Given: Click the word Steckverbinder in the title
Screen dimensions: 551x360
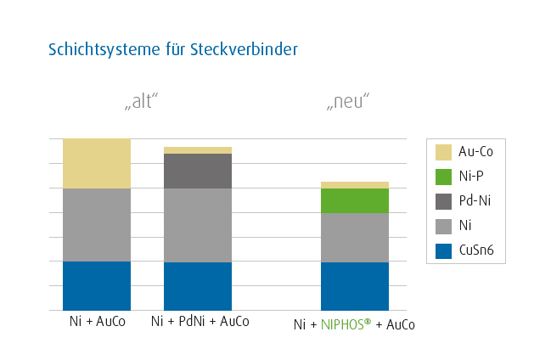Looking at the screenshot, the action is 244,49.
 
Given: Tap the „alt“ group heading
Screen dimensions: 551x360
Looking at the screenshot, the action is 141,101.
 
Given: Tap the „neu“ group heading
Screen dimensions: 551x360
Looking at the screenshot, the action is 348,101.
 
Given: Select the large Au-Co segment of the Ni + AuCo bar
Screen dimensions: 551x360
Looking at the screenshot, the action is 97,164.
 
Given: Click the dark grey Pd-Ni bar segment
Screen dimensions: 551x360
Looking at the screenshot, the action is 198,171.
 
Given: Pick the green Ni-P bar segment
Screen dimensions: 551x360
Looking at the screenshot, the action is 355,200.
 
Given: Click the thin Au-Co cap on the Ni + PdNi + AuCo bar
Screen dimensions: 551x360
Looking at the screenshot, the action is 198,150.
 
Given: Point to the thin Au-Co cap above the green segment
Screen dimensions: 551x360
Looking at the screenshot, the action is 355,185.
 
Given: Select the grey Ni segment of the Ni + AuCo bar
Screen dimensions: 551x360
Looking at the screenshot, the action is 97,225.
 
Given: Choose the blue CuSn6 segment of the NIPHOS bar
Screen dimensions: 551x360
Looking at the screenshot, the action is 355,286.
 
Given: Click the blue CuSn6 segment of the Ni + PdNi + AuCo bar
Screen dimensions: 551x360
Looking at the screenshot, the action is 198,286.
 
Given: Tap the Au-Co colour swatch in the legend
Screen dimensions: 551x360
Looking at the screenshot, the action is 443,152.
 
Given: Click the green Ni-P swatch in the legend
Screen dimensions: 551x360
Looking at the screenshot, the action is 443,177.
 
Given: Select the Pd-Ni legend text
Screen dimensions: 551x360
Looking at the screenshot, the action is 475,200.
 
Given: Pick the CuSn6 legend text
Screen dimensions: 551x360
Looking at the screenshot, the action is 476,250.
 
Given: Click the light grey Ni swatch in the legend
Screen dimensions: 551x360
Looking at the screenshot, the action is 443,226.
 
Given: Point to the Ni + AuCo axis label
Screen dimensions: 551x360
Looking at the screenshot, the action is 98,321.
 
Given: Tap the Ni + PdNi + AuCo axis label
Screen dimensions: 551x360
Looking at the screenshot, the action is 200,321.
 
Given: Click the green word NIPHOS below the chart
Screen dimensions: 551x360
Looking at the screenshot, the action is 344,324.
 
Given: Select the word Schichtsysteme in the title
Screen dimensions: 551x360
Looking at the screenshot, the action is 104,49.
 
